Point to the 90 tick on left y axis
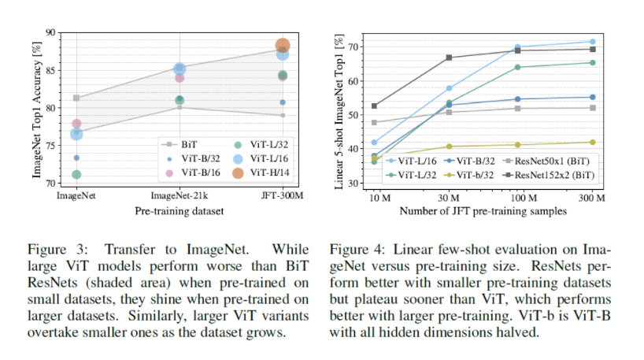tap(50, 32)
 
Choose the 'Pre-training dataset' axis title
tap(178, 210)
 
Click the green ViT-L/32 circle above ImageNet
tap(76, 174)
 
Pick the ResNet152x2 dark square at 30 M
tap(449, 58)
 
